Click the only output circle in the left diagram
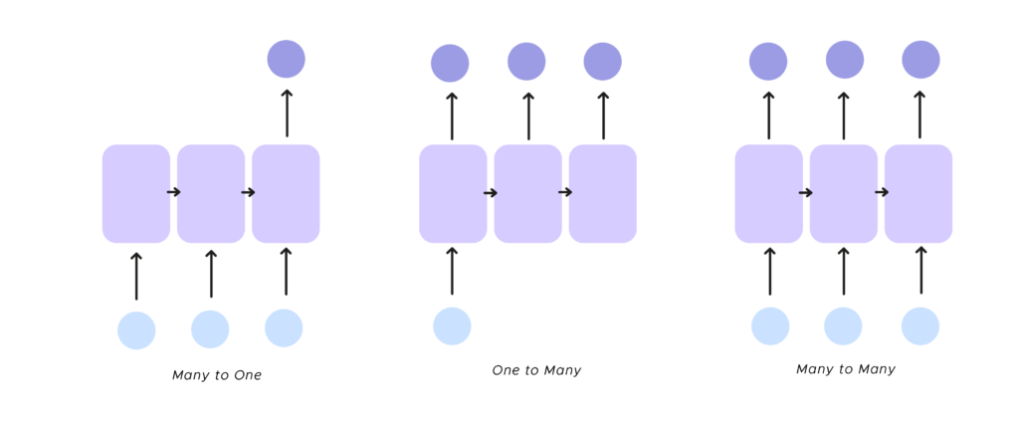pos(287,59)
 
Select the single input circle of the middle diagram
pos(452,326)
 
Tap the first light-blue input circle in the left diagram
pos(136,330)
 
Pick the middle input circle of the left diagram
pos(210,329)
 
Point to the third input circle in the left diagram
pos(284,328)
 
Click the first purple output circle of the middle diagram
pos(450,64)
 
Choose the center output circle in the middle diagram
pos(526,62)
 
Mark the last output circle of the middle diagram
pos(603,62)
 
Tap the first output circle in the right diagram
pos(768,62)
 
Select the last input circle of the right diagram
pos(920,326)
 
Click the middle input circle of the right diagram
pos(843,326)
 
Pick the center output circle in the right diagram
pos(845,60)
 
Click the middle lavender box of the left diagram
pos(211,193)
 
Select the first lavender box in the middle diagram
pos(453,193)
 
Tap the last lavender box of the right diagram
pos(918,193)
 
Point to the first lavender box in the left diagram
pos(136,193)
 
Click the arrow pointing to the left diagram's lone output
pos(287,112)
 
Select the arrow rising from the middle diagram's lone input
pos(452,271)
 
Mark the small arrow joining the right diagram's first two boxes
pos(806,192)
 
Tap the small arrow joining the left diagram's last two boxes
pos(248,192)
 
